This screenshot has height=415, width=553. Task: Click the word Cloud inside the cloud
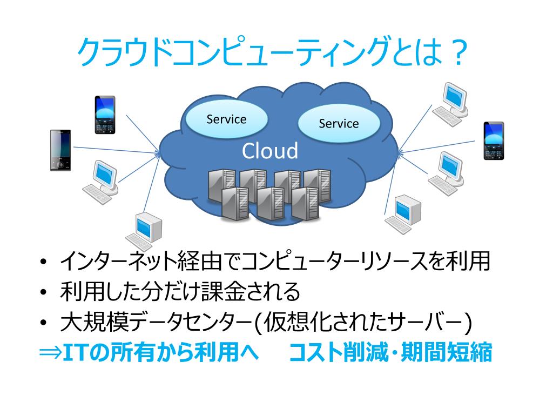(x=269, y=151)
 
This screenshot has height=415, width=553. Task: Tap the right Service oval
(x=339, y=123)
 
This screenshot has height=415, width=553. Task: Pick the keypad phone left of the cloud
(x=105, y=115)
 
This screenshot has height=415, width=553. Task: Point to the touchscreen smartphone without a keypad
(x=60, y=150)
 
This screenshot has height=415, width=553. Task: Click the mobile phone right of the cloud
(x=493, y=140)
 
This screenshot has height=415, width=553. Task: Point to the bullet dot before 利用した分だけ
(x=44, y=293)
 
